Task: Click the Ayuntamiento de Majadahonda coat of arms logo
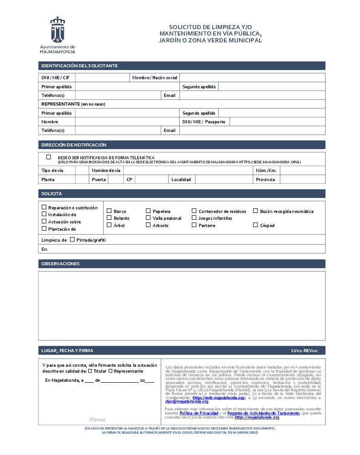tap(57, 30)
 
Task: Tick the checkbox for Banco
tap(109, 211)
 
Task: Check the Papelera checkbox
tap(148, 211)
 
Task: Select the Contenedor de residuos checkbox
tap(194, 211)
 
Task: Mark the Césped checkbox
tap(255, 225)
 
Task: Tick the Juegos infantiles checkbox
tap(194, 218)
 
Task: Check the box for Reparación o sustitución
tap(44, 207)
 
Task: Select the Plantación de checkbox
tap(44, 228)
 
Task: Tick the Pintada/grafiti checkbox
tap(72, 239)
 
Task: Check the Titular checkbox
tap(90, 371)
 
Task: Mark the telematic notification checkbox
tap(49, 157)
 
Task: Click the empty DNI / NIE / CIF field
tap(102, 78)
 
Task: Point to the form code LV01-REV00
tap(307, 351)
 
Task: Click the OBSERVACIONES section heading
tap(60, 264)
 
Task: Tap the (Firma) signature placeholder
tap(97, 420)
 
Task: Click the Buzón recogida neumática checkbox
tap(255, 211)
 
